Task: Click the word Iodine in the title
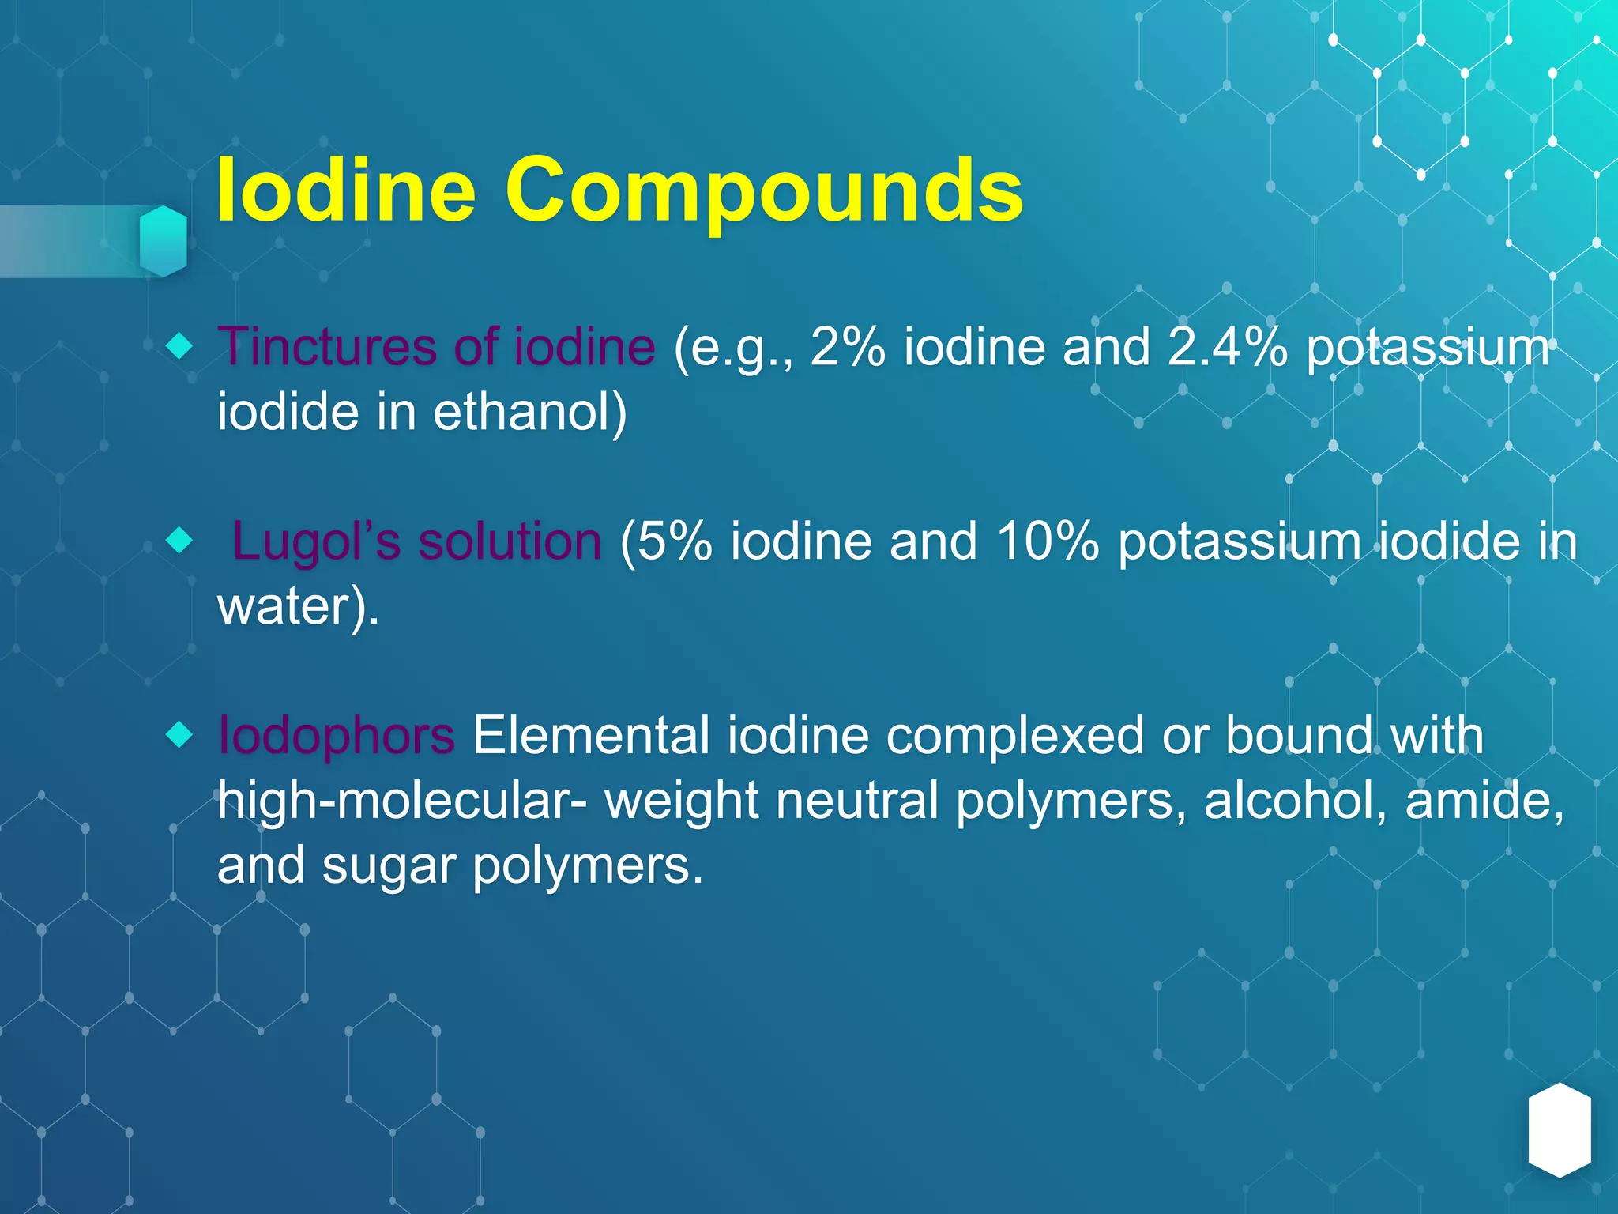[345, 190]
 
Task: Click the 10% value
[1047, 541]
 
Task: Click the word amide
[1484, 800]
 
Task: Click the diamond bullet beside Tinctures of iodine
[180, 345]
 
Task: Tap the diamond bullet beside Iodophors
[180, 735]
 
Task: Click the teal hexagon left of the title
[164, 241]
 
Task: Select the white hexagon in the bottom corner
[1559, 1130]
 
